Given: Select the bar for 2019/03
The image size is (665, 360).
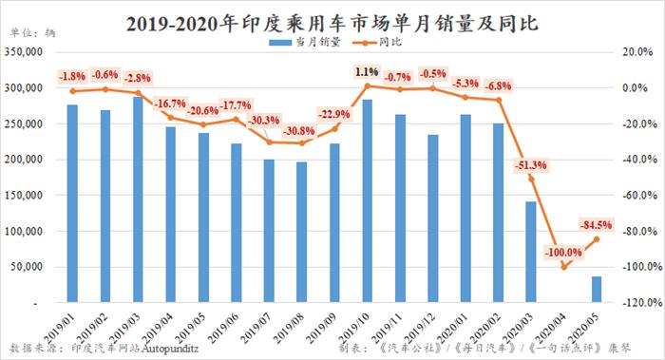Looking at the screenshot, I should pos(139,199).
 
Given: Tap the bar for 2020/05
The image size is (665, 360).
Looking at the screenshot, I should pos(596,289).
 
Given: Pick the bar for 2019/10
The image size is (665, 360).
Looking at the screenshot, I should pos(367,200).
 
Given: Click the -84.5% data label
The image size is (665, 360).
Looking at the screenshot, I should pos(596,225).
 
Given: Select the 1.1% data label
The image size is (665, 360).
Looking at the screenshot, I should pos(367,71).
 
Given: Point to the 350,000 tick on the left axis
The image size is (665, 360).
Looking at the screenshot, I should pos(26,52).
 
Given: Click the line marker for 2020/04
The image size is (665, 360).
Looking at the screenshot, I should pos(563,267).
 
